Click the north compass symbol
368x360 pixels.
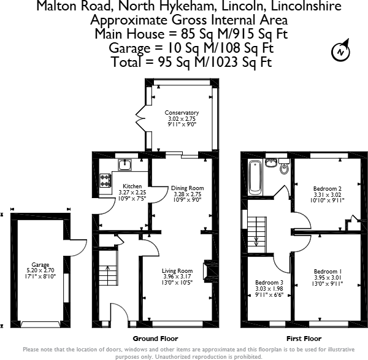[340, 52]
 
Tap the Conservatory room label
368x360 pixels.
[182, 113]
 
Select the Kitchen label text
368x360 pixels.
[132, 186]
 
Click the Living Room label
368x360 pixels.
[177, 271]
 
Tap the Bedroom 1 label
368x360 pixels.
[328, 271]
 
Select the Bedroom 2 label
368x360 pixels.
[328, 188]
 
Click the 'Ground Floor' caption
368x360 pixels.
[155, 338]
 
